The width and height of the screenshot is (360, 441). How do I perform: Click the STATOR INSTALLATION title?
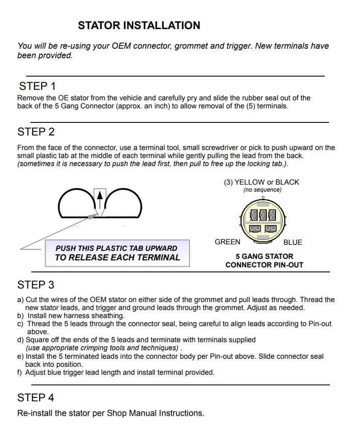139,25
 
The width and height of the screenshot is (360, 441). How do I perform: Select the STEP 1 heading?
37,86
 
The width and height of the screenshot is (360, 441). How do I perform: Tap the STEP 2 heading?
36,132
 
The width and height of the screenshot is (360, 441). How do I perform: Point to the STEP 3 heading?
36,285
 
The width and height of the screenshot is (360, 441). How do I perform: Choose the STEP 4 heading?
36,398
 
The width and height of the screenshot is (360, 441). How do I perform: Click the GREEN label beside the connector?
227,242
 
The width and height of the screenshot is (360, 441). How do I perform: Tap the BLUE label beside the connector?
293,242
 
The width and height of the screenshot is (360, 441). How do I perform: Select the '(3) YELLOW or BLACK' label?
261,182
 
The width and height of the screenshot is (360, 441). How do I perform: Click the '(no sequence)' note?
262,190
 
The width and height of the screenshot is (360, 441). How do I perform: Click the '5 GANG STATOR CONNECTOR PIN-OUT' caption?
264,260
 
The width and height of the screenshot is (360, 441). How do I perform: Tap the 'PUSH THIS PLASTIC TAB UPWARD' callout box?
117,253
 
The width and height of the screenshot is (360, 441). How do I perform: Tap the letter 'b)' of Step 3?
21,316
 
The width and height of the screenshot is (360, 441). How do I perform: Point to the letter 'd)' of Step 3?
21,340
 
